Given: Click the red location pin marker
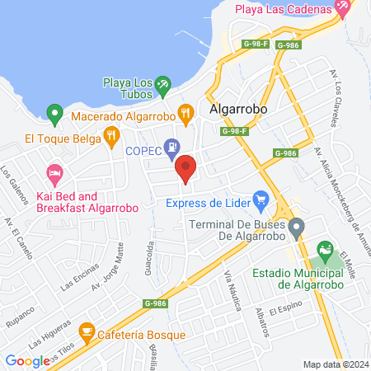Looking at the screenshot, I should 186,167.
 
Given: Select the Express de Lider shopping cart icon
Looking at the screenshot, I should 261,199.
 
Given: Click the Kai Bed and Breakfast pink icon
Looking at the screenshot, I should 55,174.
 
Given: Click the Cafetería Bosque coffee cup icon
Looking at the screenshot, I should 85,333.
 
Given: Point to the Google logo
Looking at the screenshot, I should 26,360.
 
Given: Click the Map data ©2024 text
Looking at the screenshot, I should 335,364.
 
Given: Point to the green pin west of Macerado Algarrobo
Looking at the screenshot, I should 54,112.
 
